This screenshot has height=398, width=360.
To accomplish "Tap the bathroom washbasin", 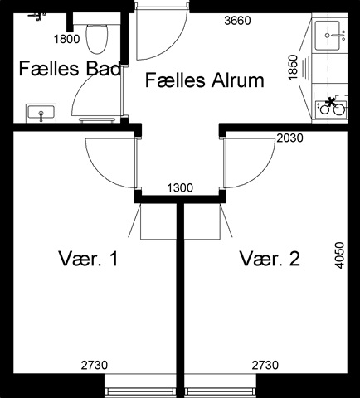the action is (41, 113).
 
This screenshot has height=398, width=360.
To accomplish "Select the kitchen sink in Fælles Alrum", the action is (328, 36).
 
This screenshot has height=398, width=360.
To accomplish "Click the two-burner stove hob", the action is (331, 108).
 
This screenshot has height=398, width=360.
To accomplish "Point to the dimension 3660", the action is (237, 21).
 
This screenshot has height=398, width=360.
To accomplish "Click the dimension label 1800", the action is (66, 39).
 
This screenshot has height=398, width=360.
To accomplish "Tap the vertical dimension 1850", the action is (293, 67).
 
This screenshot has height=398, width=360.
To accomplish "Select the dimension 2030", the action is (289, 138).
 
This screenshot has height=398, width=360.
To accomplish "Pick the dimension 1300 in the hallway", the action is (180, 188).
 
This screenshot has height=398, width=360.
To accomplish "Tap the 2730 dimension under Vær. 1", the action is (95, 365).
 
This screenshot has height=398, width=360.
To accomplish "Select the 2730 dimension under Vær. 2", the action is (265, 365).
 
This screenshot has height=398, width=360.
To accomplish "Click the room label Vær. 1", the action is (89, 259).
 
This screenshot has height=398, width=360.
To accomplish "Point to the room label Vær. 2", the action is (270, 259).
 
